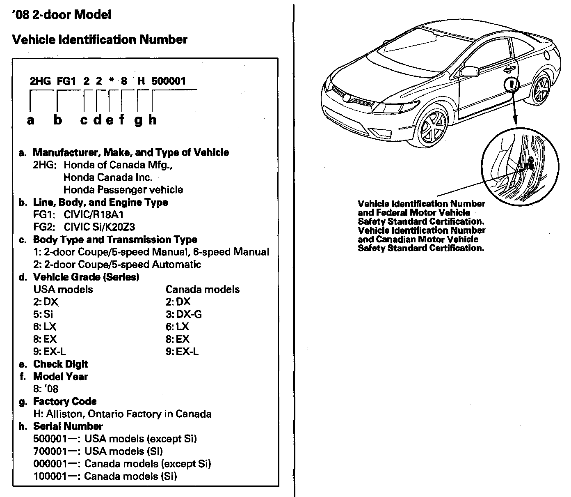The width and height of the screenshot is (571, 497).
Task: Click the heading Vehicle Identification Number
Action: [100, 40]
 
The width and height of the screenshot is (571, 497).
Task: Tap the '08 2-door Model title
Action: [62, 15]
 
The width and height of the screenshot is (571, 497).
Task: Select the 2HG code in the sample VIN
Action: [41, 81]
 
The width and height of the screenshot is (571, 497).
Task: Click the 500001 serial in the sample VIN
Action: [169, 81]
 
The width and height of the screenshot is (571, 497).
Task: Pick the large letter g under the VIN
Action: [138, 120]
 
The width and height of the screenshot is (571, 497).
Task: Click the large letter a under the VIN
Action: [30, 120]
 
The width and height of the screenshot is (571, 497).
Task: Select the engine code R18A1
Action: [109, 214]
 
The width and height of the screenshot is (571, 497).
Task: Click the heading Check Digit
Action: [61, 364]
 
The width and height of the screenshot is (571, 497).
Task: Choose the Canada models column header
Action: [203, 289]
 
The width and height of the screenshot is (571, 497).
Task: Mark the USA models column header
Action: [63, 289]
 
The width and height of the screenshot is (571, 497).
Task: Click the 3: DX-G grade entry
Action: [184, 314]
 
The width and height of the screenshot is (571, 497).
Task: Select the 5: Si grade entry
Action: [43, 314]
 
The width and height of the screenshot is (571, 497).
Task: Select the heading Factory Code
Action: [65, 401]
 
